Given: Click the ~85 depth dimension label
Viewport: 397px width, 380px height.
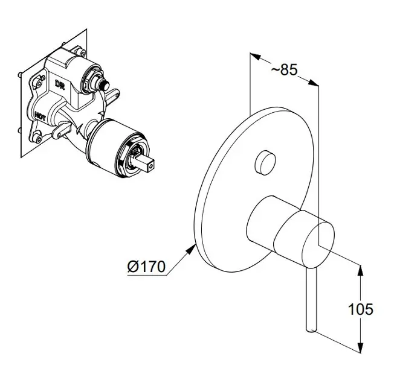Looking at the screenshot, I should click(x=283, y=70).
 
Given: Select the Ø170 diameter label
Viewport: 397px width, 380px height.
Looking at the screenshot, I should click(x=146, y=267).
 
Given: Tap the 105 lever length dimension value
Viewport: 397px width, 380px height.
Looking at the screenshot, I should click(x=361, y=310).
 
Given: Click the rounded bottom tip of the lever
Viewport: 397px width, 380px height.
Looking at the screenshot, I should click(x=312, y=328).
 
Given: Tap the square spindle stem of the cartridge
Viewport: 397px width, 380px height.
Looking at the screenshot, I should click(x=150, y=162).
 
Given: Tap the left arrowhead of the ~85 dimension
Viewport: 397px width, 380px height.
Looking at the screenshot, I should click(x=254, y=58).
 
